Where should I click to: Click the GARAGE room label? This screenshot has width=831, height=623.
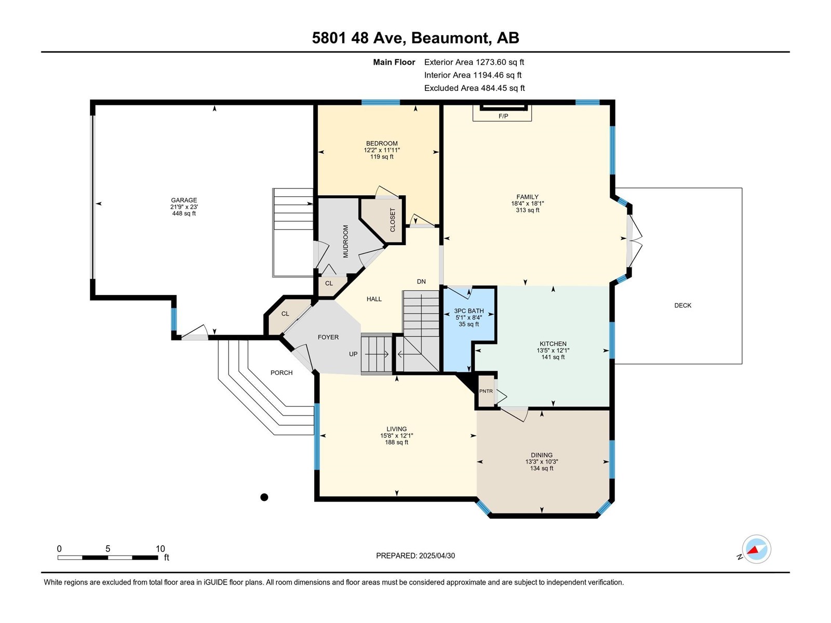(x=184, y=200)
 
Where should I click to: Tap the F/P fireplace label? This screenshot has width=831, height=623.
(x=503, y=116)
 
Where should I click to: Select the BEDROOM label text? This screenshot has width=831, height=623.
(x=382, y=143)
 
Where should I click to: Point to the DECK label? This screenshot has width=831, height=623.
(x=682, y=305)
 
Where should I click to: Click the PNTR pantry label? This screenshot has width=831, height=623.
(x=486, y=391)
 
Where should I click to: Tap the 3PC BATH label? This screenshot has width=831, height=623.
(x=468, y=311)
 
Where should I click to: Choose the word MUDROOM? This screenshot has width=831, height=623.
(x=345, y=241)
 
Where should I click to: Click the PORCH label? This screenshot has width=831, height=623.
(x=282, y=373)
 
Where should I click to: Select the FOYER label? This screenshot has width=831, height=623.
(x=328, y=337)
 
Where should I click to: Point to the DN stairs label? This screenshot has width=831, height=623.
(x=421, y=281)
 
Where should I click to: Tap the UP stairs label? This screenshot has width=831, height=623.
(x=353, y=354)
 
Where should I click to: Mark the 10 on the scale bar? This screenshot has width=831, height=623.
(x=160, y=549)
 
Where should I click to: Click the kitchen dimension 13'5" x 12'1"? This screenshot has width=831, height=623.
(x=553, y=350)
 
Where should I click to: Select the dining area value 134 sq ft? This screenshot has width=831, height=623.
(x=541, y=468)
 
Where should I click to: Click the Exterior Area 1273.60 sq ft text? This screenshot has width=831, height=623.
(x=474, y=62)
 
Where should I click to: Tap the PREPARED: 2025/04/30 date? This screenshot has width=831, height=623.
(x=415, y=556)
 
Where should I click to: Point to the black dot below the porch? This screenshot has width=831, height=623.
(x=264, y=497)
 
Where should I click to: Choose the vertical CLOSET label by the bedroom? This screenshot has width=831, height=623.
(x=393, y=220)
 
